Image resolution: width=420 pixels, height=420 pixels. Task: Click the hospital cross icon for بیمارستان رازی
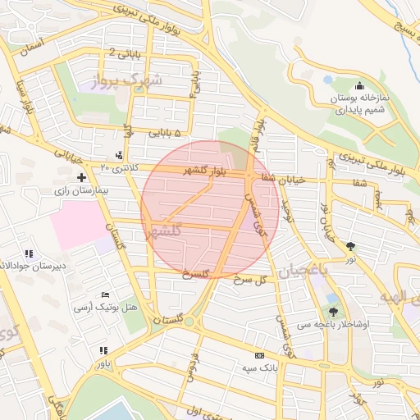[81, 177]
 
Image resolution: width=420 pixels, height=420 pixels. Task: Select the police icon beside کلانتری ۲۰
[121, 155]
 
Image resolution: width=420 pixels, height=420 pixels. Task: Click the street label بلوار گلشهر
[195, 171]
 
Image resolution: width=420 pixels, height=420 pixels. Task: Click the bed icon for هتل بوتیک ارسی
[104, 295]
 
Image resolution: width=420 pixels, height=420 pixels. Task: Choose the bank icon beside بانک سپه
[260, 356]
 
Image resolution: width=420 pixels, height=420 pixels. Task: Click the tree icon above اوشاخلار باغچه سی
[333, 311]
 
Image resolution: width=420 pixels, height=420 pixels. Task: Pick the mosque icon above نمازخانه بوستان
[359, 86]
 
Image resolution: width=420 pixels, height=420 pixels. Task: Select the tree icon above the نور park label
[351, 245]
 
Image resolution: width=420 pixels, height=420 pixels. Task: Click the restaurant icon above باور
[103, 349]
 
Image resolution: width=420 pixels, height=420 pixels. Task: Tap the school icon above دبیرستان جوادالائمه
[30, 253]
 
